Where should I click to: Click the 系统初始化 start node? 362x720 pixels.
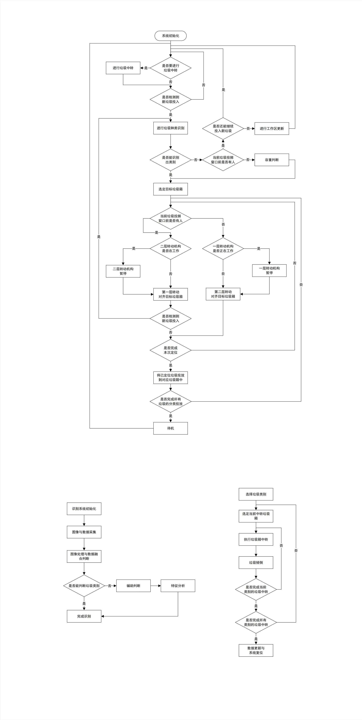pos(170,36)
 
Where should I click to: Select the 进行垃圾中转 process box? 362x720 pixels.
pos(123,68)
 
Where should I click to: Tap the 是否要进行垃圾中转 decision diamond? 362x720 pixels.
pos(170,68)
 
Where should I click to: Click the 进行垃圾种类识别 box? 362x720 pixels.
pos(170,128)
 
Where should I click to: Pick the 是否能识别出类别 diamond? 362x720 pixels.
pos(170,160)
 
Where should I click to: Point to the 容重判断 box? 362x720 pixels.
pos(271,160)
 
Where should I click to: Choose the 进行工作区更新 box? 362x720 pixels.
pos(271,129)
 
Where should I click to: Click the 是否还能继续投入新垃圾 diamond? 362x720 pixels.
pos(223,129)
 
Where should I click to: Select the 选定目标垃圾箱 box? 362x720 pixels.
pos(170,189)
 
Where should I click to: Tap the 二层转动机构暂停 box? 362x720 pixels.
pos(123,271)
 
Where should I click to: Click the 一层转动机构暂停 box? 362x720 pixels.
pos(269,271)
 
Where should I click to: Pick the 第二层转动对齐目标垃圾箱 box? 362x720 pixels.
pos(223,294)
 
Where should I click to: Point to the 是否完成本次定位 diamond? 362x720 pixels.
pos(170,350)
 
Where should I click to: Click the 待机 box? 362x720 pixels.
pos(170,428)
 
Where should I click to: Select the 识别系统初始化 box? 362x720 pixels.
pos(84,509)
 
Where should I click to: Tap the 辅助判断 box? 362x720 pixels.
pos(133,586)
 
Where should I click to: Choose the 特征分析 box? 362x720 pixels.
pos(178,586)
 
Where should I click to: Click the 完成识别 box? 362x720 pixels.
pos(84,616)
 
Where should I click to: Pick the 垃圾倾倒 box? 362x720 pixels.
pos(256,562)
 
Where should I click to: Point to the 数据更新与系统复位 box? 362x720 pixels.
pos(256,650)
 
